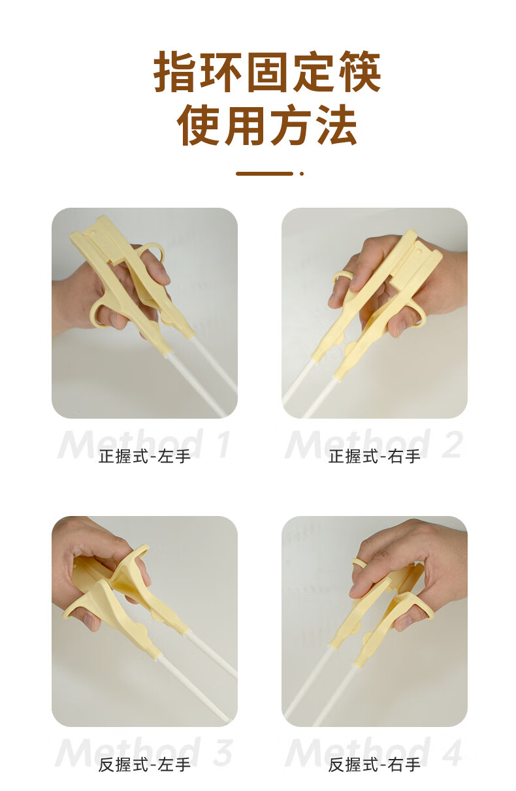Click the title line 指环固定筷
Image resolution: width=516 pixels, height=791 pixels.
click(266, 72)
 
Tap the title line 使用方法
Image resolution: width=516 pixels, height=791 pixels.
click(266, 125)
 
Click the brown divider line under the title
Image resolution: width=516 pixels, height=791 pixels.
click(264, 174)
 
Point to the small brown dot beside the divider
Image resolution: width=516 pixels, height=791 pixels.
click(302, 174)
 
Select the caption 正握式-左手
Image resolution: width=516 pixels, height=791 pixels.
click(144, 457)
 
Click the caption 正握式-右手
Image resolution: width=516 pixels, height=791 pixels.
click(374, 457)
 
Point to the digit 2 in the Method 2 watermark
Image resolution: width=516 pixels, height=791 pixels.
click(451, 443)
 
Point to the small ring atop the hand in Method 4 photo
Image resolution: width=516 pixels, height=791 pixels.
click(359, 562)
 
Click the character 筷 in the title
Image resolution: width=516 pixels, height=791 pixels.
click(359, 72)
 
